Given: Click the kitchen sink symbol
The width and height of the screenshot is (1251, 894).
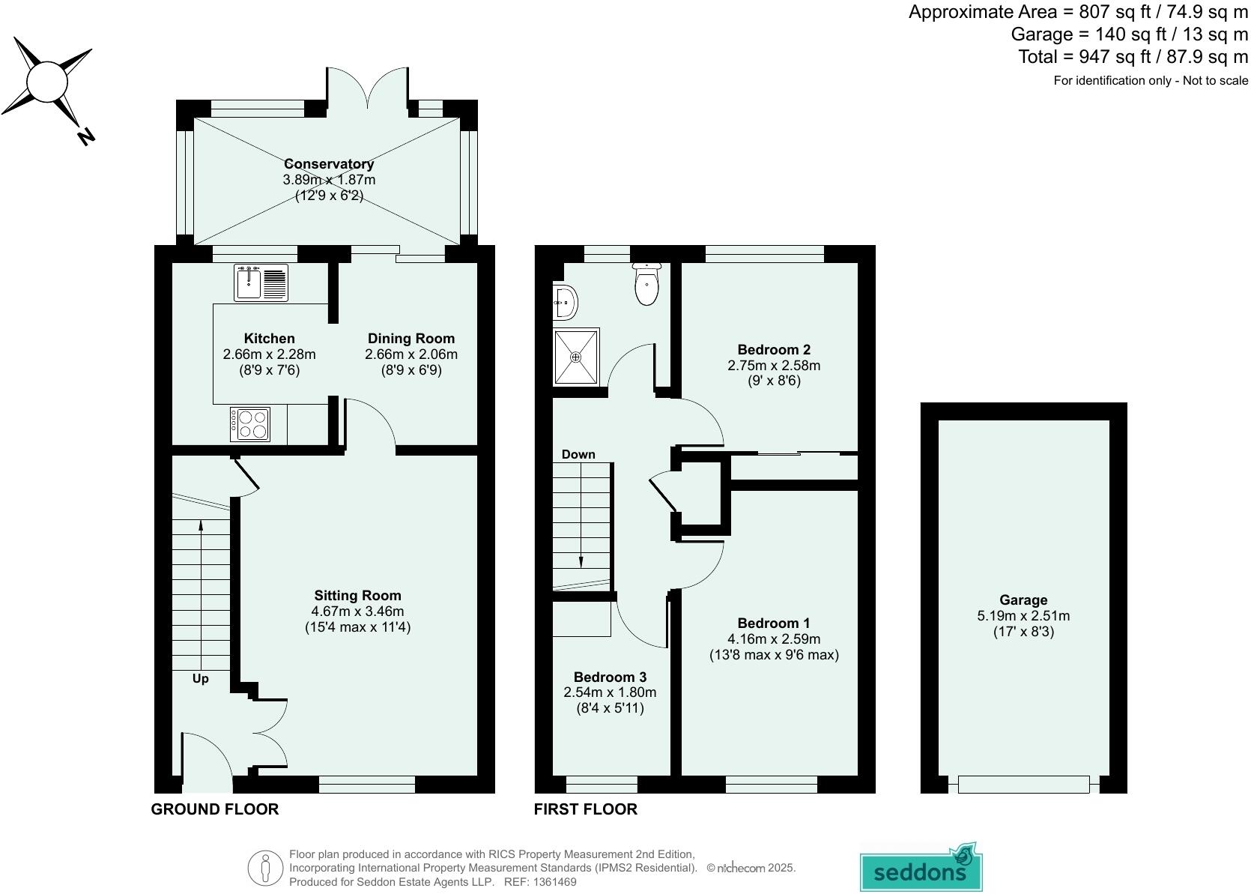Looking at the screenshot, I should [x=261, y=283].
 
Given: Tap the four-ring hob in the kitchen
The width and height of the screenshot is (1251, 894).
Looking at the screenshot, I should [x=250, y=423].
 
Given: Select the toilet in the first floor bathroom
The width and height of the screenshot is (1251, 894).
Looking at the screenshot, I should [x=646, y=285].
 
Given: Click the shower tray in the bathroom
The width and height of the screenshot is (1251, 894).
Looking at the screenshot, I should [x=577, y=357].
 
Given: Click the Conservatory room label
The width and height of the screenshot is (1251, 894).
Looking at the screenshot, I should [x=329, y=163].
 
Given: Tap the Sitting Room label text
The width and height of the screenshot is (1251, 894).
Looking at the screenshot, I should [x=357, y=596].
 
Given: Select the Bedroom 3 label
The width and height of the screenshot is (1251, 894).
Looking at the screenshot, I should [x=610, y=677].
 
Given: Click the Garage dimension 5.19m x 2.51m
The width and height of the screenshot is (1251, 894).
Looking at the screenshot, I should [x=1023, y=616].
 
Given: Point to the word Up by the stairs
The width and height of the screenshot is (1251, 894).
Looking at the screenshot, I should [x=200, y=679].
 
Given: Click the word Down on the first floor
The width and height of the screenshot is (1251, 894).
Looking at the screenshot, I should [x=578, y=454].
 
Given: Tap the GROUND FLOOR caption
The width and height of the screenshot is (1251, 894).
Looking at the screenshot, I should [x=215, y=809].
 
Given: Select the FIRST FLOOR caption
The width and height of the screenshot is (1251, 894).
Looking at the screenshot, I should [x=585, y=809].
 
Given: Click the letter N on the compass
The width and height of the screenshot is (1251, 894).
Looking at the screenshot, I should [x=86, y=136].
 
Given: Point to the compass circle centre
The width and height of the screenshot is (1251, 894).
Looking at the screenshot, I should [x=46, y=81].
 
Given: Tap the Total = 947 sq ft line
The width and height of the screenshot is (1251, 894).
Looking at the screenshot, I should [x=1133, y=57].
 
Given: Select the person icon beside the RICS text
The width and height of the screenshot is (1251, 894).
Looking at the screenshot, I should [x=264, y=868].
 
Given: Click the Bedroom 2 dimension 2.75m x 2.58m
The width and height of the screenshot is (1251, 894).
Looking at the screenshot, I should [x=774, y=366].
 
